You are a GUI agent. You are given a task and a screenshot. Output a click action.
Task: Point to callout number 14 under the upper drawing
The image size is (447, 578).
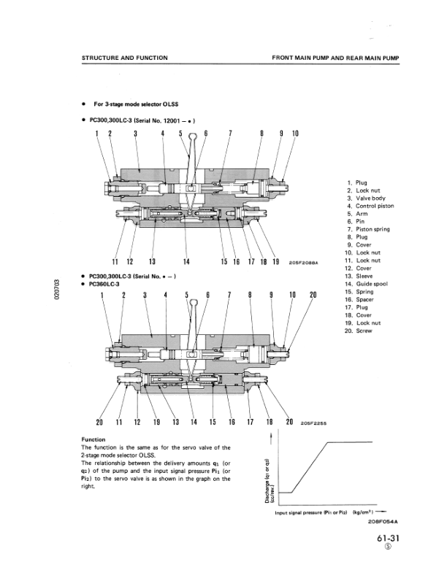click(186, 262)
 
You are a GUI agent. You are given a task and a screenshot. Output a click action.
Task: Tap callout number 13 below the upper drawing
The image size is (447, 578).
click(152, 262)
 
